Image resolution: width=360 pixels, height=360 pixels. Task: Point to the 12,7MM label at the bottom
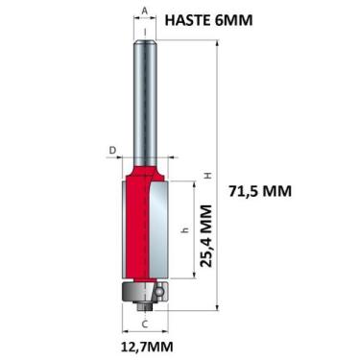tap(146, 344)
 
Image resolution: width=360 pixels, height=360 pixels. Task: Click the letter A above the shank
tap(144, 12)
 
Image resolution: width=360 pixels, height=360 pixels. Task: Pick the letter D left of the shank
tap(112, 150)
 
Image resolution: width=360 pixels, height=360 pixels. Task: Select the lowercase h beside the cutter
tap(183, 230)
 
